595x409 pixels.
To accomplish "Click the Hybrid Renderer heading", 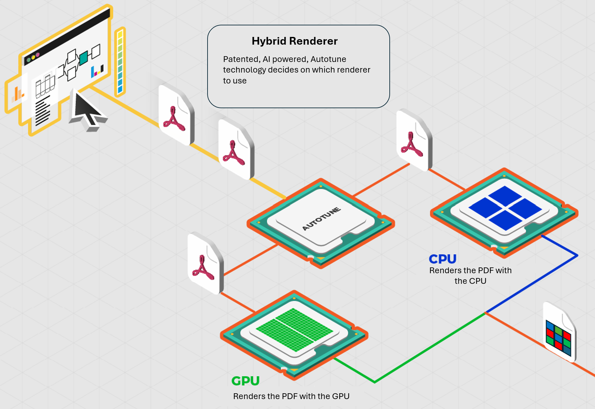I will [x=294, y=41].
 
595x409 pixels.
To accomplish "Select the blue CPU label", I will [x=442, y=259].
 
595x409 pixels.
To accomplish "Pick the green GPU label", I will [x=245, y=381].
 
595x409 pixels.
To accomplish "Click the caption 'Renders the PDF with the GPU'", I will [x=291, y=396].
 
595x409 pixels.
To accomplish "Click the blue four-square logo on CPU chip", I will [x=505, y=208].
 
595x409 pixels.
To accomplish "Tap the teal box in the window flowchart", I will [x=84, y=58].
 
